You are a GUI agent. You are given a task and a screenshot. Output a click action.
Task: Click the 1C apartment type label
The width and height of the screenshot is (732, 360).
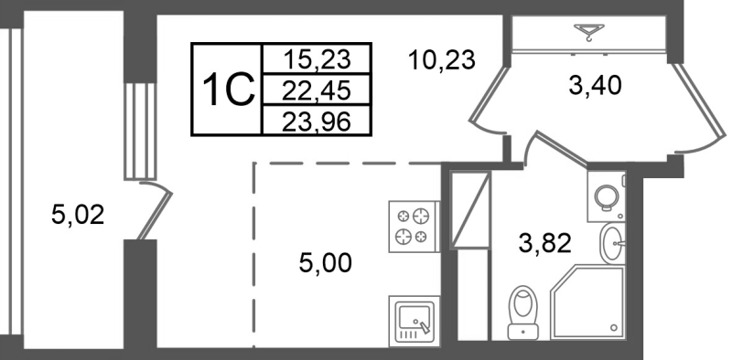pos(226,90)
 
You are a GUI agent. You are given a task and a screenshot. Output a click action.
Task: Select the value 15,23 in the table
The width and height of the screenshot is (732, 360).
pos(317,58)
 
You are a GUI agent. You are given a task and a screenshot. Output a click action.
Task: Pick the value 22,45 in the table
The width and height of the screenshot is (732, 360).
pos(317,89)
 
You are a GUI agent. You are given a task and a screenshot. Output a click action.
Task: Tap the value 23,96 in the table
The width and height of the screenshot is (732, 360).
pos(317,120)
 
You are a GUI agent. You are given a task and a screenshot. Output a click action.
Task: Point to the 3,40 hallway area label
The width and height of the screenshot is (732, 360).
pos(595,88)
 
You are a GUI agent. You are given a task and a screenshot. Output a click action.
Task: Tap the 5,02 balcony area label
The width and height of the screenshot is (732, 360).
pos(78,216)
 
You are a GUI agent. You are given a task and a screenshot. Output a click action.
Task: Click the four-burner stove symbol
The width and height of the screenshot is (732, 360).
pos(414,226)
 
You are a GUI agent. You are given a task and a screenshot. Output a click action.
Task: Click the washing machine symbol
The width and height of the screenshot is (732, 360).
pos(605,195)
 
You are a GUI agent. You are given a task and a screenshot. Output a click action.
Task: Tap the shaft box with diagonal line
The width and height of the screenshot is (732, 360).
pos(467,209)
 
